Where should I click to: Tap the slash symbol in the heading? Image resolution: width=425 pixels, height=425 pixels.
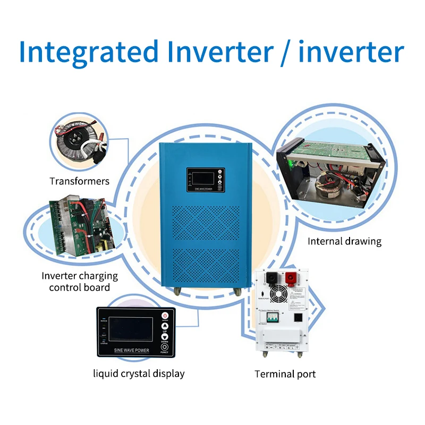coord(282,53)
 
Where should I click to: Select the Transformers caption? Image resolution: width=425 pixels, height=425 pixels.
coord(79,181)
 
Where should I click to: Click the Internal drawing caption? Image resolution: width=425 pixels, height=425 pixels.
coord(344,241)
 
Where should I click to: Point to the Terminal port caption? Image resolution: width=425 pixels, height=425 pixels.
coord(285,374)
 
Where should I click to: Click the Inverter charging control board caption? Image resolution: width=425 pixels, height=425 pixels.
coord(80,282)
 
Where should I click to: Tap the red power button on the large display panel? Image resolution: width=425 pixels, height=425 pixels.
coord(165,316)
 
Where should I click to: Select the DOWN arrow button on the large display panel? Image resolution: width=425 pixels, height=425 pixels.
coord(165,337)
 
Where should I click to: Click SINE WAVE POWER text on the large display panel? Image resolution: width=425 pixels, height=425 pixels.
coord(132,351)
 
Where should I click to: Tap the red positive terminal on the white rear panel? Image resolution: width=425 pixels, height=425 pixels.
coord(292,280)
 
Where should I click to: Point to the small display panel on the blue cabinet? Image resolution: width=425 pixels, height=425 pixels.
coord(205,180)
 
